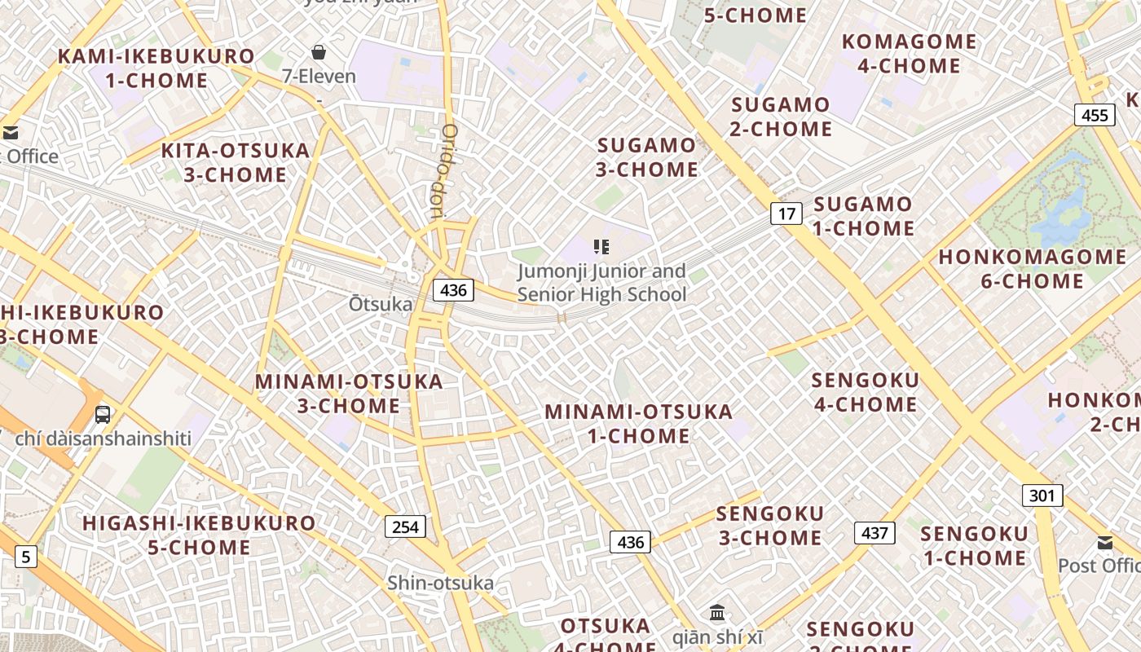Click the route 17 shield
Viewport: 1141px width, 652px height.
(x=786, y=214)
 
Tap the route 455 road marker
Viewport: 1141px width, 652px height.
(x=1094, y=115)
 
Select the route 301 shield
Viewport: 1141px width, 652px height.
(x=1042, y=495)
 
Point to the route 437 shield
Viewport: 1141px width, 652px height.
(x=874, y=533)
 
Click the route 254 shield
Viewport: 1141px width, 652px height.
(x=405, y=526)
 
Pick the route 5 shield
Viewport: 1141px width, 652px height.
(x=26, y=557)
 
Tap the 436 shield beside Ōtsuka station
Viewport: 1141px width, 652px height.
(x=452, y=289)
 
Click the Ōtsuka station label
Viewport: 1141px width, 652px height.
(x=381, y=304)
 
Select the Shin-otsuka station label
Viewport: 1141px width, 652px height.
(x=440, y=583)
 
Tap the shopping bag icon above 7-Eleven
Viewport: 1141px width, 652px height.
(x=319, y=52)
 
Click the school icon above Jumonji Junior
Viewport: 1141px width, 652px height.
(x=601, y=246)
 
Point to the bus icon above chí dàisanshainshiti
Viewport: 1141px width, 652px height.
(x=103, y=414)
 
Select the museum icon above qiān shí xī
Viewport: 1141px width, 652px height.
(x=717, y=612)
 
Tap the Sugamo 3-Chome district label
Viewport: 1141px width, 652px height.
(x=648, y=157)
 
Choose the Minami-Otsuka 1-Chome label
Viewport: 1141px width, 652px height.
(x=639, y=424)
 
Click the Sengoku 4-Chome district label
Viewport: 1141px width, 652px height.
(x=865, y=392)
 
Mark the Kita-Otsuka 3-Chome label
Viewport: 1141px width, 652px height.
(x=236, y=162)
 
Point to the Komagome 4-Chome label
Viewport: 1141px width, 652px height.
(x=909, y=53)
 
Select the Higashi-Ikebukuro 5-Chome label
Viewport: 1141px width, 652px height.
(x=199, y=535)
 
